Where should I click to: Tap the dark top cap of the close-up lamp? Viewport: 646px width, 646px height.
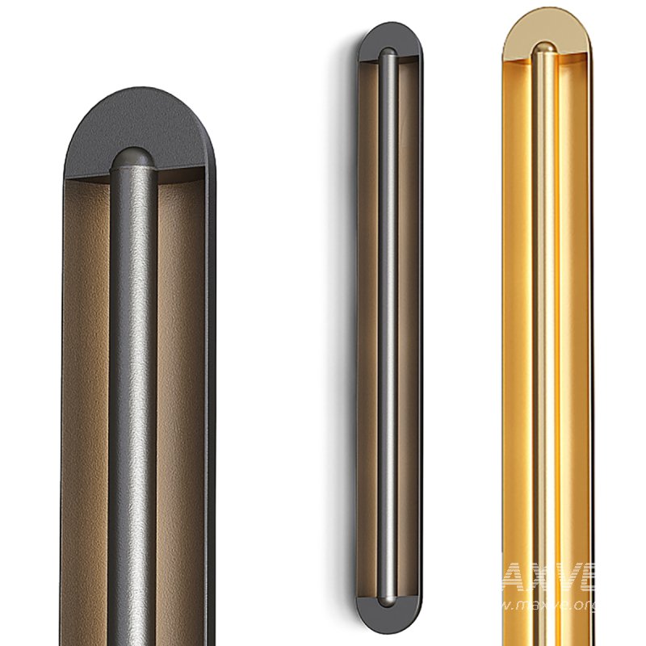point(137,121)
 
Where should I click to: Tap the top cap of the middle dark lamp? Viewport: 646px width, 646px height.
point(389,37)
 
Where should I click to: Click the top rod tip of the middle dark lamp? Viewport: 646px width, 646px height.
point(389,55)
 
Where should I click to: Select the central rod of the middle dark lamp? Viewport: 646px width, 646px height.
point(389,323)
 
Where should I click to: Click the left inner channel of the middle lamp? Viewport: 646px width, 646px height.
point(368,323)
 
